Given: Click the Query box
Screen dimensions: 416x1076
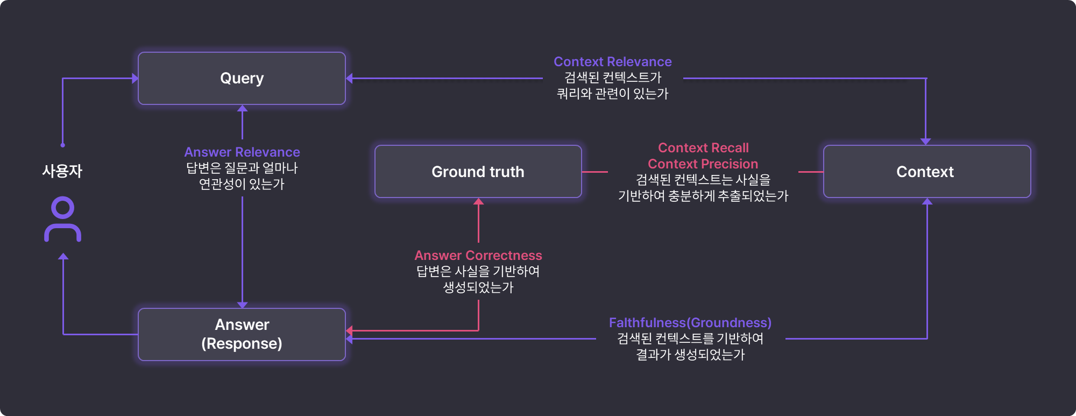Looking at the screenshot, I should coord(242,78).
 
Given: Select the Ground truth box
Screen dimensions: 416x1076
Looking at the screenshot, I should coord(478,172).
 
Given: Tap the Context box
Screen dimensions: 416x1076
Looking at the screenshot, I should coord(926,172).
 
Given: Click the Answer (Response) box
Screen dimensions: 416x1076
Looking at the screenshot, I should coord(242,334).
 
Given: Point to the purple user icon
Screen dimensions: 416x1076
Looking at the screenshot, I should coord(63,219).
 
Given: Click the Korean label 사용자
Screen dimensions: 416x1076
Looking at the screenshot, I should coord(62,171).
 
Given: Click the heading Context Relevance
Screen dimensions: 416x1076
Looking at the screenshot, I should coord(612,62).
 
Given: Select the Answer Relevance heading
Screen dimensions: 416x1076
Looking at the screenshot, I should coord(242,152).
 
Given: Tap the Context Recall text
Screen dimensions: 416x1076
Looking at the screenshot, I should coord(703,148).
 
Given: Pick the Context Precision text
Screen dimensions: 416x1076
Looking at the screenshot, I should coord(703,164).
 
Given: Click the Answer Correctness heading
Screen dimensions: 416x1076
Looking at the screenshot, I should coord(478,256).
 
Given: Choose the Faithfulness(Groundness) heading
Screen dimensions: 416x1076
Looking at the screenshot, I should coord(690,323).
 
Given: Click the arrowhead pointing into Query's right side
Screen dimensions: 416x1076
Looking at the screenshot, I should coord(350,79).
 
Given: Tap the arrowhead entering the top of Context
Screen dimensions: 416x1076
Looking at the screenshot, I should coord(925,142).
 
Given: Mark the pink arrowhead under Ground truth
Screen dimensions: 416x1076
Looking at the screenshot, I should coord(478,202).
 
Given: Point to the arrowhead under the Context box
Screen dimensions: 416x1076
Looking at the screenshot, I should coord(927,202).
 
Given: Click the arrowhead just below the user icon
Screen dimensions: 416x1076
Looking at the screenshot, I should coord(63,257).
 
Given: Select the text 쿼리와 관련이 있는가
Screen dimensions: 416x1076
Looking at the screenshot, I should coord(612,94).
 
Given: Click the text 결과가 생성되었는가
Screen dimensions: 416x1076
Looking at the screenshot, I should coord(690,355).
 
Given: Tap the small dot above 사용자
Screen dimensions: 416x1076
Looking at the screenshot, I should coord(63,145).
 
